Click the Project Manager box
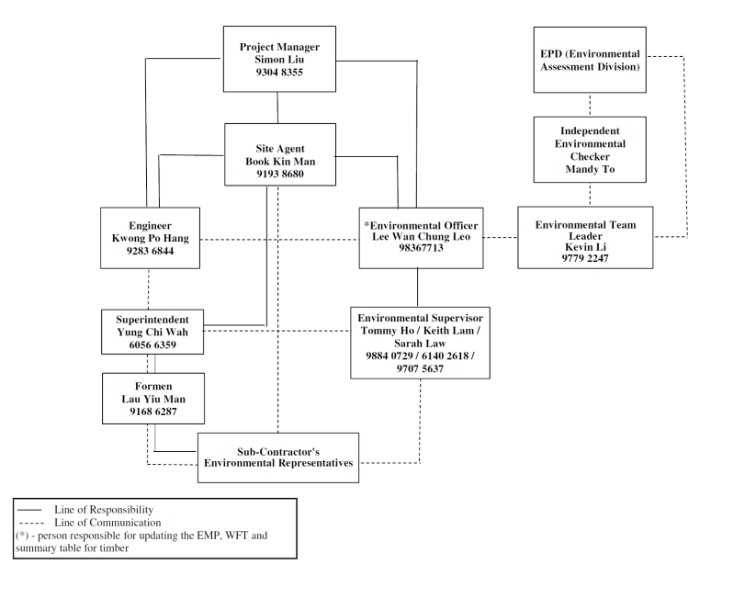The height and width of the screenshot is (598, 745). pos(279,59)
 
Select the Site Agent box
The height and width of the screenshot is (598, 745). pos(280,154)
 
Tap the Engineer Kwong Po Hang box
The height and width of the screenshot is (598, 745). pos(150,238)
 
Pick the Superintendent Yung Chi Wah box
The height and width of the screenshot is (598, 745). pos(152,332)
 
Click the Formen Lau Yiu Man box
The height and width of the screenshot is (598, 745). pos(153,399)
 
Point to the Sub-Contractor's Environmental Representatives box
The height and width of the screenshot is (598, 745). pos(278,457)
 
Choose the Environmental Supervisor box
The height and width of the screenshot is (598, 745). pos(420,343)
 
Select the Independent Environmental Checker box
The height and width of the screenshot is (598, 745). pos(590,150)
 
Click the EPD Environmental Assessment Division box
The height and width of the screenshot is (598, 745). pos(590,60)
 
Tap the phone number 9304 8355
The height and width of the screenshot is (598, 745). pos(279,73)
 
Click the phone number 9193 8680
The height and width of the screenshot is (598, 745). pos(280,174)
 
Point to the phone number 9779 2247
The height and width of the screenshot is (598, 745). pos(585,258)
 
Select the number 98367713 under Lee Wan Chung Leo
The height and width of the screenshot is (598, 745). pos(421,248)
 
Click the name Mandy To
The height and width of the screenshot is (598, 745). pos(590,169)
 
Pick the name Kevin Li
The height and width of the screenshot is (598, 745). pos(585,247)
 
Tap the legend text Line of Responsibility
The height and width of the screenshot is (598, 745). pos(104,510)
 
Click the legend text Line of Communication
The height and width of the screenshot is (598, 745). pos(107,523)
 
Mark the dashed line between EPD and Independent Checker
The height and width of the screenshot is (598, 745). pos(590,105)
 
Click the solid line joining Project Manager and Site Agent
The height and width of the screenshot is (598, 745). pos(277,107)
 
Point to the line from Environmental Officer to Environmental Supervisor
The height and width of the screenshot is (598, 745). pos(418,288)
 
